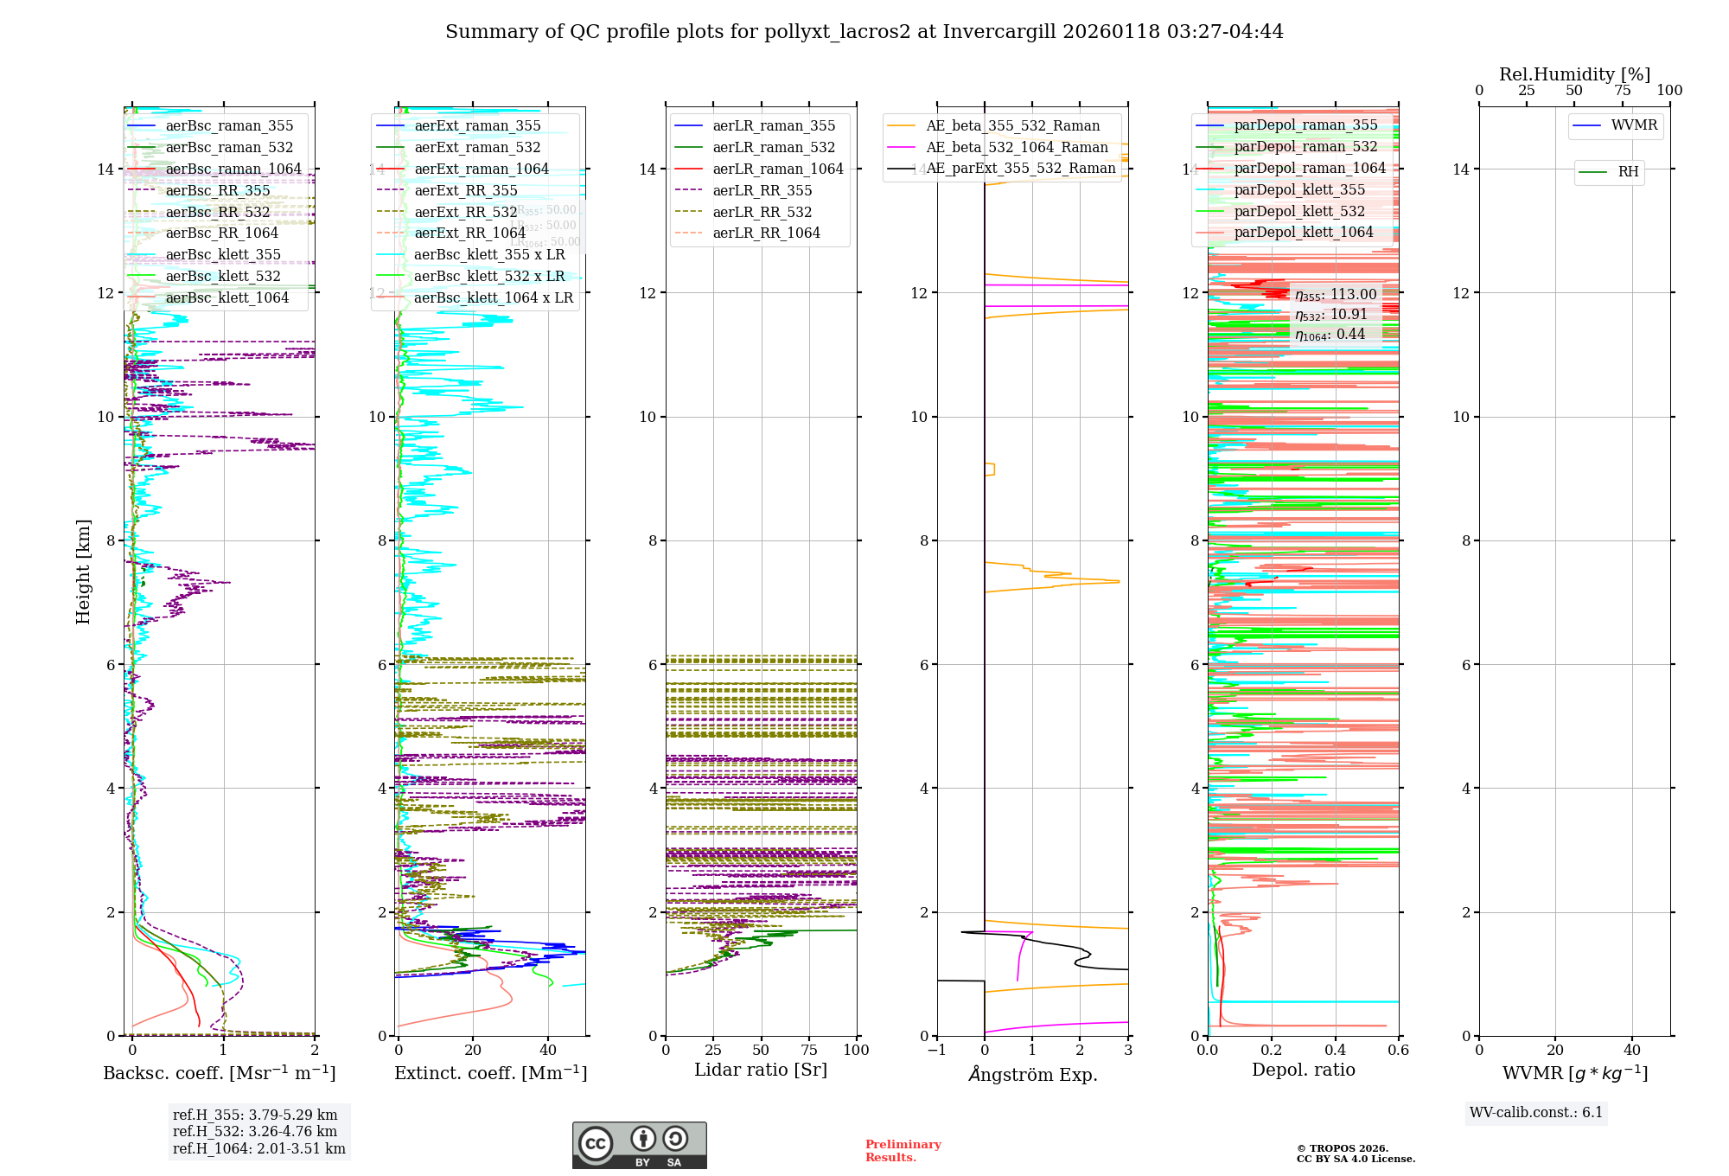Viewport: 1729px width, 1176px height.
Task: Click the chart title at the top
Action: coord(864,32)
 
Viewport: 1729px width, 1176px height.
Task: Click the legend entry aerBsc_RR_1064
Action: coord(221,233)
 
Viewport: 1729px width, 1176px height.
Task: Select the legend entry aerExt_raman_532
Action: coord(477,148)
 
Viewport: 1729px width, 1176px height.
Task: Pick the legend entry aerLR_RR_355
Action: coord(762,191)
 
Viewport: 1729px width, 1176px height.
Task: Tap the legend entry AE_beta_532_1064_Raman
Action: coord(1017,148)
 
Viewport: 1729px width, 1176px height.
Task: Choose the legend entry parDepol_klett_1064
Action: coord(1303,233)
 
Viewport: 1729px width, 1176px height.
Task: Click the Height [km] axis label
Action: coord(83,571)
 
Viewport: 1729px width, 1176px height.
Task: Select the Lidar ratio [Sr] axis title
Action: coord(761,1070)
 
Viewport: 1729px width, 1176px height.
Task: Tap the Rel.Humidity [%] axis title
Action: coord(1574,74)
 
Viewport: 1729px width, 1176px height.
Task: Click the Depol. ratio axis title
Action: coord(1303,1070)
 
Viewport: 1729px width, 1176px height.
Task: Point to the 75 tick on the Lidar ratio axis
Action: coord(809,1050)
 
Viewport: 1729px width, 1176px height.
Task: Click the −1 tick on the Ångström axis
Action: coord(936,1050)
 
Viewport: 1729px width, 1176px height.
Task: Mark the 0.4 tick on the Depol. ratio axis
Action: coord(1335,1050)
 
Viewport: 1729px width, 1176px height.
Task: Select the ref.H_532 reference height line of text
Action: coord(255,1132)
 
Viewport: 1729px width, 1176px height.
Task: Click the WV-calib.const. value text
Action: coord(1535,1113)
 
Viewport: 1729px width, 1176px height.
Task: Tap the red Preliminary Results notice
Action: coord(903,1151)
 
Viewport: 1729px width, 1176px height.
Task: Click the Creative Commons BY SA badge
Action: coord(639,1146)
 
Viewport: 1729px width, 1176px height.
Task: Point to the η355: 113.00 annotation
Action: coord(1336,295)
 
